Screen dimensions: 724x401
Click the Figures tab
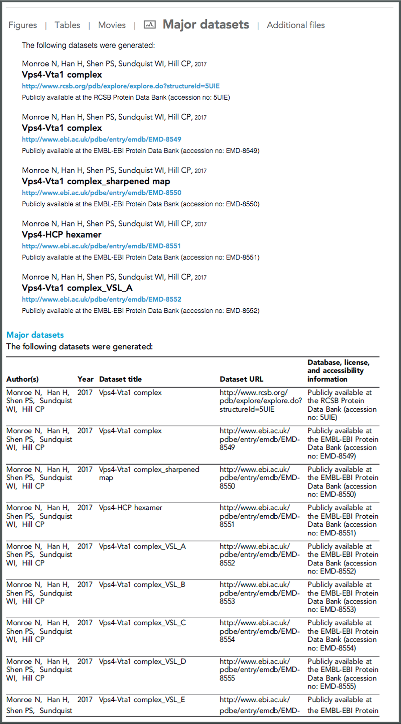(x=23, y=25)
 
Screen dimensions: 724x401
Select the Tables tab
(x=68, y=25)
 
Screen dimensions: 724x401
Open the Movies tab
(x=112, y=25)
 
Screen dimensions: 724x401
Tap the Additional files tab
(x=296, y=25)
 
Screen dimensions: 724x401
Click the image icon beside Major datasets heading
(x=149, y=24)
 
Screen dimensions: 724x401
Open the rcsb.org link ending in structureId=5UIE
(x=121, y=86)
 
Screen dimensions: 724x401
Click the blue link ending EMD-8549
(x=102, y=139)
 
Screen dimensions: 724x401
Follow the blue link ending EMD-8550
(x=102, y=193)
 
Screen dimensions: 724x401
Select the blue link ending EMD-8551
(x=101, y=246)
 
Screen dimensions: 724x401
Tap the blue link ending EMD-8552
(x=102, y=299)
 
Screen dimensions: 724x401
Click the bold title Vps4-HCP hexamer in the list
(x=61, y=235)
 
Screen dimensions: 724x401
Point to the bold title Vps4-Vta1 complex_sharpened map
(x=96, y=181)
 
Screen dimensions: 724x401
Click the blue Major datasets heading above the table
(x=35, y=335)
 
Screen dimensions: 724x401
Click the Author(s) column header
(x=22, y=379)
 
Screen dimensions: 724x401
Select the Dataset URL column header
(x=241, y=379)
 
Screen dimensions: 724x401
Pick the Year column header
(x=85, y=379)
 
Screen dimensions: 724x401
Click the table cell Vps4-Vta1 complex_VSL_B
(x=142, y=585)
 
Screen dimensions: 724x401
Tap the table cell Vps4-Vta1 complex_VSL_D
(x=142, y=661)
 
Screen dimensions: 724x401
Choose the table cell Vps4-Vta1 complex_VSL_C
(x=142, y=623)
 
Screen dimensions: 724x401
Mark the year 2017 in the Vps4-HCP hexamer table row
(x=85, y=508)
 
